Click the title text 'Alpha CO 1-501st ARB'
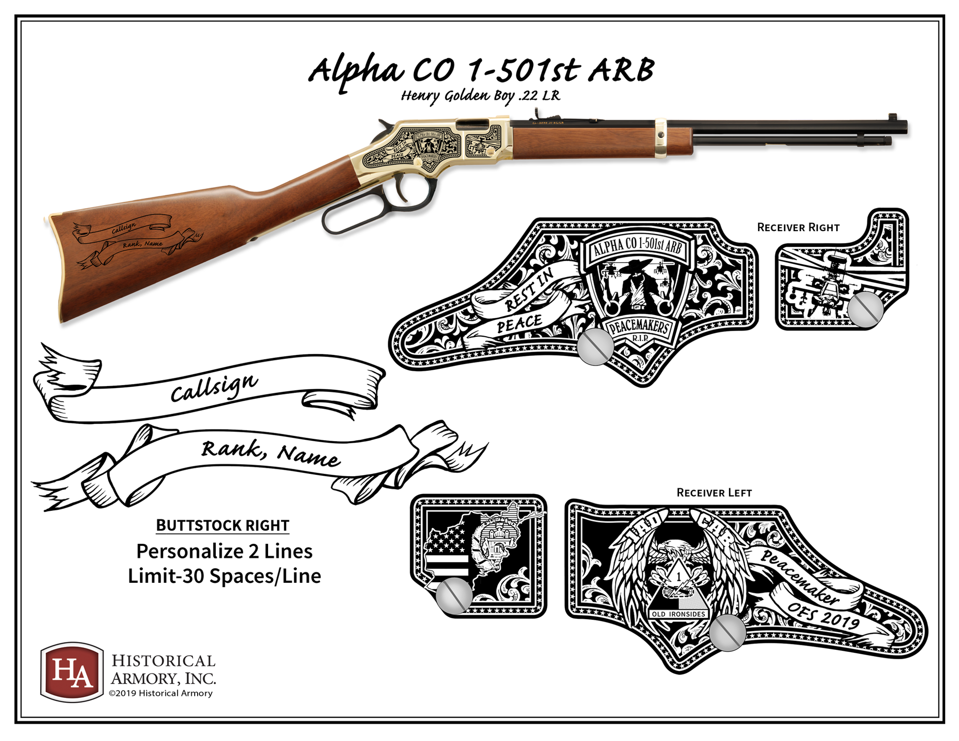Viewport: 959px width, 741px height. click(x=481, y=71)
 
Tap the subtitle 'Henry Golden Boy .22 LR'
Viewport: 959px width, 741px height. click(x=480, y=96)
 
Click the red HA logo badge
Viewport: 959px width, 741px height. click(x=72, y=671)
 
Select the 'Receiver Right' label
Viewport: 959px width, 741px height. click(x=798, y=228)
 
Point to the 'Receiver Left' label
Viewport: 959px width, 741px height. click(x=714, y=493)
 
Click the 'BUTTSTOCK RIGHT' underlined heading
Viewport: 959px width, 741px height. click(x=222, y=526)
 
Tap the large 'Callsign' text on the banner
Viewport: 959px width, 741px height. click(x=214, y=388)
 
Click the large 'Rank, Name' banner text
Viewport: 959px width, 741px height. click(x=270, y=453)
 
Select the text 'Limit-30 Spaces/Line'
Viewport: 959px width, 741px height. click(x=224, y=576)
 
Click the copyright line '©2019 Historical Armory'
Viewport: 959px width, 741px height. click(x=161, y=693)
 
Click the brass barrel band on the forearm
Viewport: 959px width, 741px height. click(x=661, y=139)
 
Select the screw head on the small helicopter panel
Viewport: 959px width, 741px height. click(x=865, y=309)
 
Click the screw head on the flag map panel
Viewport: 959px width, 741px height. click(x=453, y=596)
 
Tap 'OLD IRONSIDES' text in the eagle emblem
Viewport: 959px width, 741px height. click(x=678, y=614)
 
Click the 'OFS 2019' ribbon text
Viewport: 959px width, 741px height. click(x=823, y=614)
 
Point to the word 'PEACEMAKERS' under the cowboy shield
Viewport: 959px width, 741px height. click(x=638, y=327)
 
